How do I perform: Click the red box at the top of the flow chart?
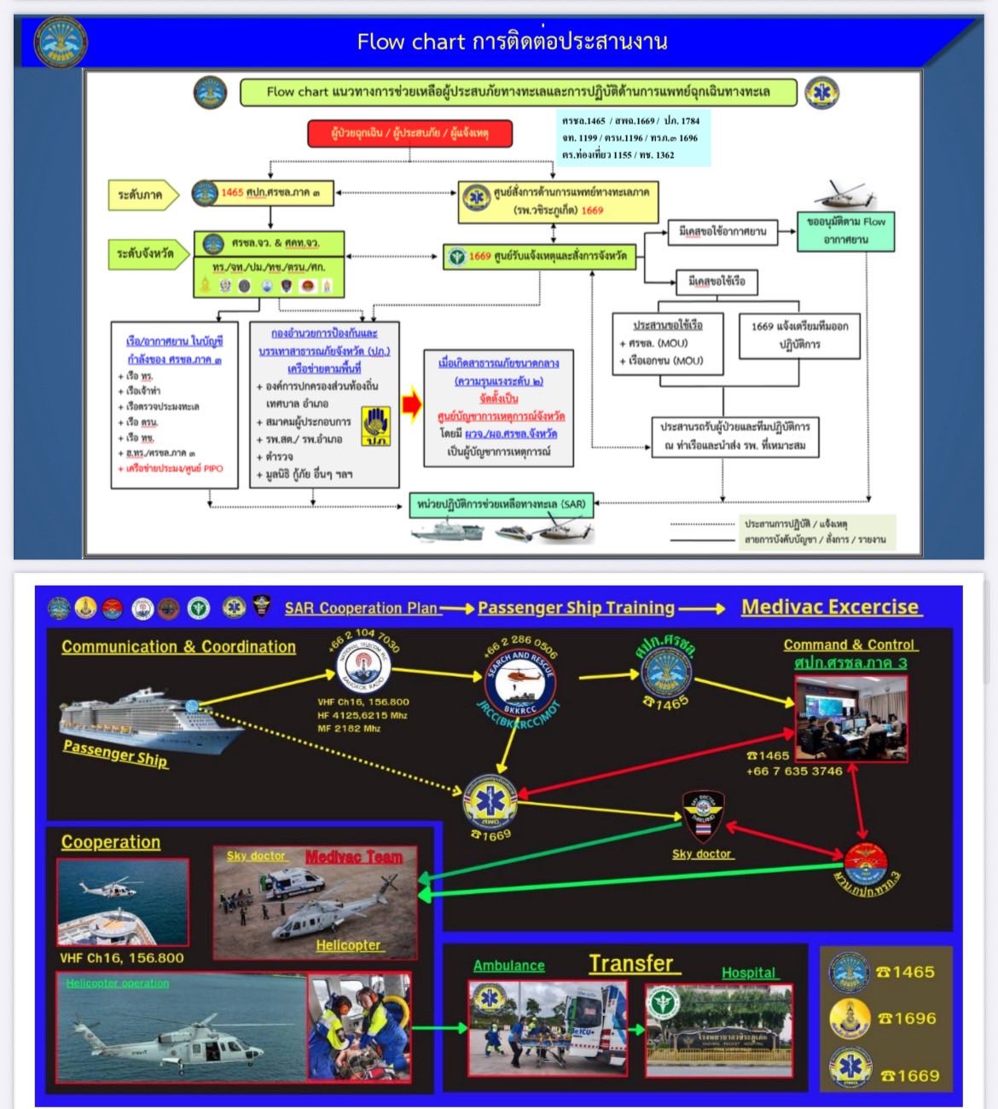click(x=410, y=134)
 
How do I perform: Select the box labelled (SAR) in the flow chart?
click(x=502, y=505)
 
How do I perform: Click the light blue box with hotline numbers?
click(x=631, y=137)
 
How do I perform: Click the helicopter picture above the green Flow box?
click(x=844, y=195)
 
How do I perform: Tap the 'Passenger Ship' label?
click(x=115, y=754)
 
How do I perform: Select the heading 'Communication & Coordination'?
click(x=178, y=647)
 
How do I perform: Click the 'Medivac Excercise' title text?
click(x=830, y=607)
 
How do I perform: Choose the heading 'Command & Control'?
click(x=850, y=644)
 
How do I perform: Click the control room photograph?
click(x=850, y=718)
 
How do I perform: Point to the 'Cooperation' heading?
click(x=111, y=842)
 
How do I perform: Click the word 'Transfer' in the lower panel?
click(x=631, y=963)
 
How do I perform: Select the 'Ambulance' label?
click(x=509, y=966)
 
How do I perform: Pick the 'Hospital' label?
click(x=749, y=973)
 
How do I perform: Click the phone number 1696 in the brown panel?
click(x=907, y=1019)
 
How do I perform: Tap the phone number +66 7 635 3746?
click(x=794, y=771)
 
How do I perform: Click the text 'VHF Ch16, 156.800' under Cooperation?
click(x=122, y=958)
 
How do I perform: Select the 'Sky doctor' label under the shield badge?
click(x=702, y=853)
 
